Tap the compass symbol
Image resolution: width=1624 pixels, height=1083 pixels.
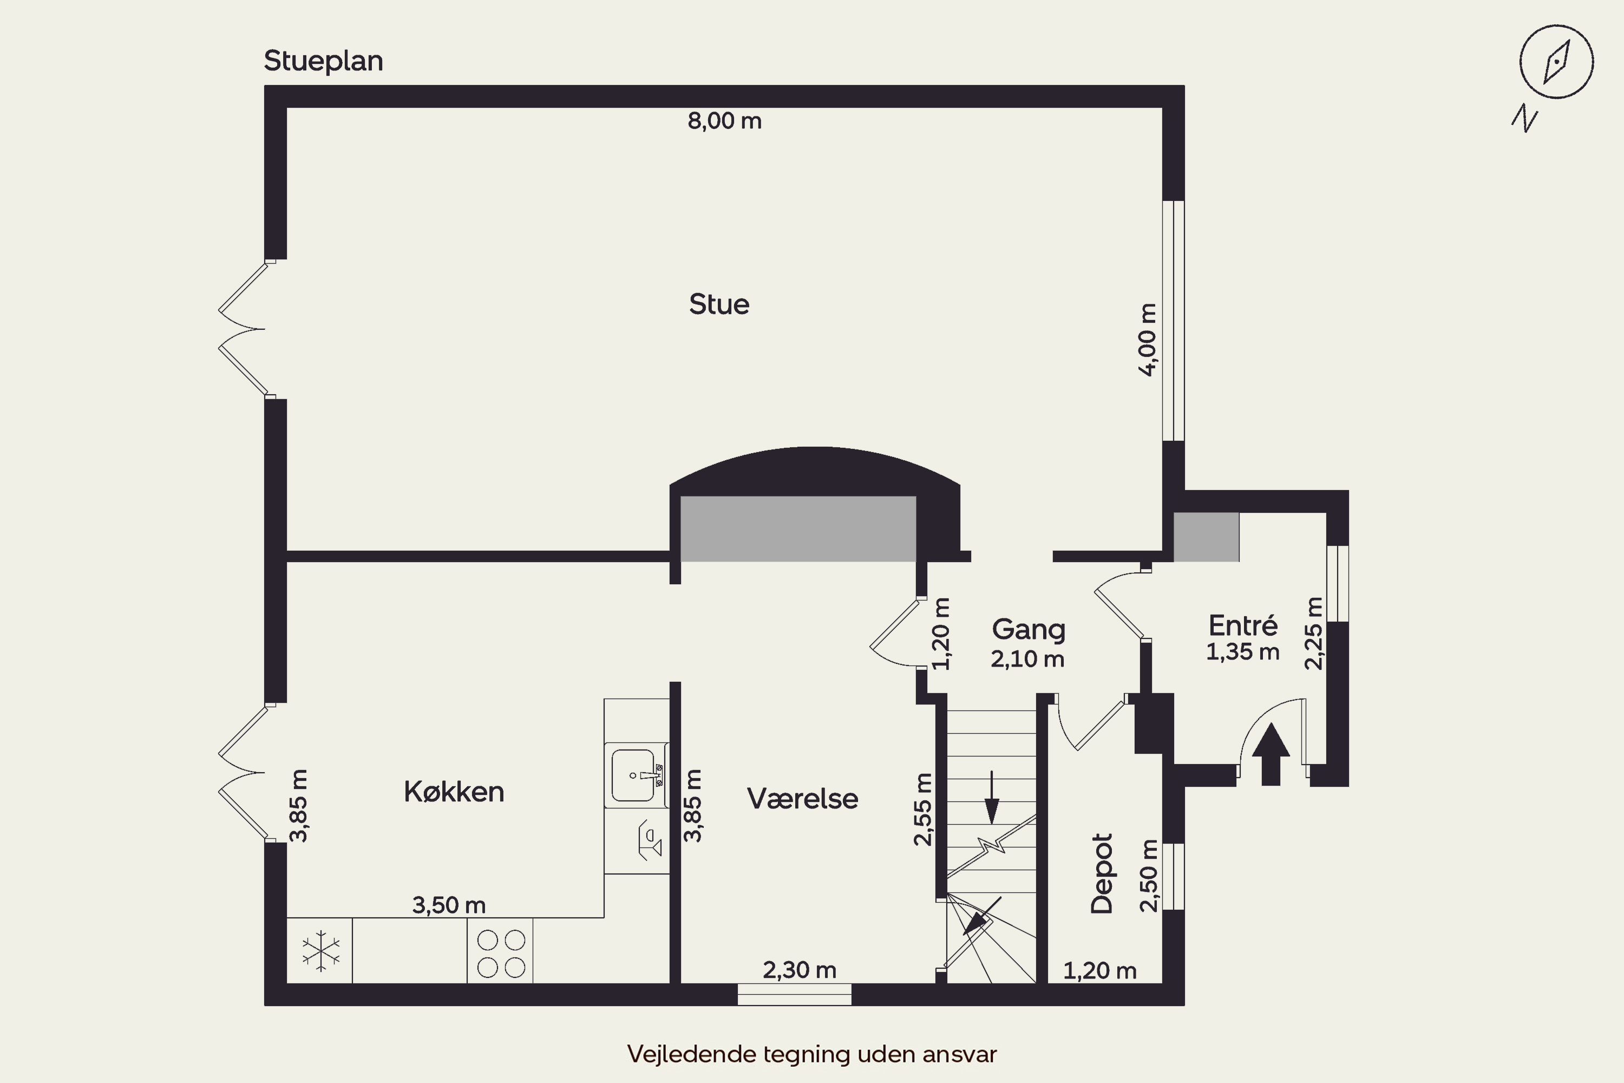tap(1556, 62)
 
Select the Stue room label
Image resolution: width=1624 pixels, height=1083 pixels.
tap(719, 304)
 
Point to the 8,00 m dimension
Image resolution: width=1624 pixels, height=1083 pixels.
tap(724, 121)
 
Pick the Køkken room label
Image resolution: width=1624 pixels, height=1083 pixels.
tap(454, 792)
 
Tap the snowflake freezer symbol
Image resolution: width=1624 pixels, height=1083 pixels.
tap(321, 950)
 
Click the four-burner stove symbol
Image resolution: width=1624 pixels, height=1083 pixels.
tap(501, 953)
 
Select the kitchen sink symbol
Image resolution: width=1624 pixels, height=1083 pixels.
tap(637, 775)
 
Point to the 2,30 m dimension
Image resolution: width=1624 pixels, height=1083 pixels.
tap(800, 970)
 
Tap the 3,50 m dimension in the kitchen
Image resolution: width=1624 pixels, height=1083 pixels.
tap(449, 905)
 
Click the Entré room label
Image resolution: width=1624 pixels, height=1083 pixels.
tap(1243, 626)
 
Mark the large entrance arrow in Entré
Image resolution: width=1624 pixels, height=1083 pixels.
tap(1271, 754)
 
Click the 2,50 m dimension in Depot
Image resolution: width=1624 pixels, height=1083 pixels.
tap(1148, 876)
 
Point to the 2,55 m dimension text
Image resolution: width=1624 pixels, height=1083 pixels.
tap(922, 809)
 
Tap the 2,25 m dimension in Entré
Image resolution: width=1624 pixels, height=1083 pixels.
tap(1314, 634)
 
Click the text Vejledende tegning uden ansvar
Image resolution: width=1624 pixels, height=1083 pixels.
tap(812, 1054)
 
